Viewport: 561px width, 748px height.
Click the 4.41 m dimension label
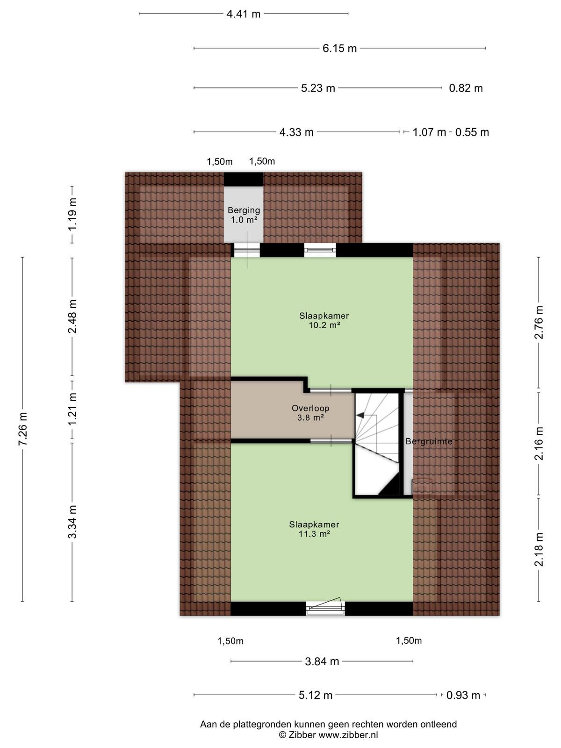point(243,14)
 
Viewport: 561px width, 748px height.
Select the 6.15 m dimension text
point(339,49)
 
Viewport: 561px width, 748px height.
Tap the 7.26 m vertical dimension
point(23,429)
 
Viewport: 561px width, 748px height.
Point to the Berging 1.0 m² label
point(244,215)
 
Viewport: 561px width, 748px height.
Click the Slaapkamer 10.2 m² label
point(324,320)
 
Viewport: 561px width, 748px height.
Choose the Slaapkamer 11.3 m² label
point(314,529)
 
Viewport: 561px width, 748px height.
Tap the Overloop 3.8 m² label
point(310,413)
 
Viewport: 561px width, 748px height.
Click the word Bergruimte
point(429,442)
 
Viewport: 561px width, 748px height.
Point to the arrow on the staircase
point(360,415)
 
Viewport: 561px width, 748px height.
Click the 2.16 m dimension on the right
point(539,443)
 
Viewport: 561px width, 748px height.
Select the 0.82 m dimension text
point(466,88)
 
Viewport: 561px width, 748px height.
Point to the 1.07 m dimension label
point(429,132)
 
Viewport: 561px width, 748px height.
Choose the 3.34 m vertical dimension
point(72,522)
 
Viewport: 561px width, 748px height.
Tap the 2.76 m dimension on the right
point(539,322)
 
